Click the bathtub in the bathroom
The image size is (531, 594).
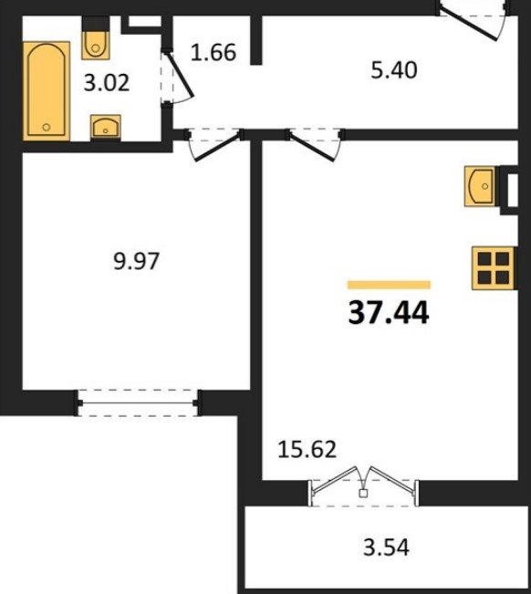pos(47,91)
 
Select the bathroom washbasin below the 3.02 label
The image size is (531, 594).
pos(106,127)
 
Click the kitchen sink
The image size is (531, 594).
pos(480,186)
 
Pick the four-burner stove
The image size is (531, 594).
pos(493,268)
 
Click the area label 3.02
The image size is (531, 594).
pos(107,83)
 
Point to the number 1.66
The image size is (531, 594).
pos(213,52)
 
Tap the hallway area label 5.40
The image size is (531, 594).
pos(394,70)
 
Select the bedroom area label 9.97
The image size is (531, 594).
pos(136,261)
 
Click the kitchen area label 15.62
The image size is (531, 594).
pos(307,449)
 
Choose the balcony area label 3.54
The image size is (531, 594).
pos(386,547)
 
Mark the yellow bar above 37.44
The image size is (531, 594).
pos(389,285)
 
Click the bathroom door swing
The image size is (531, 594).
pos(178,78)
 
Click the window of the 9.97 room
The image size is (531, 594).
pos(139,402)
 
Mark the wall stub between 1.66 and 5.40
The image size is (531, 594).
pos(256,40)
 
